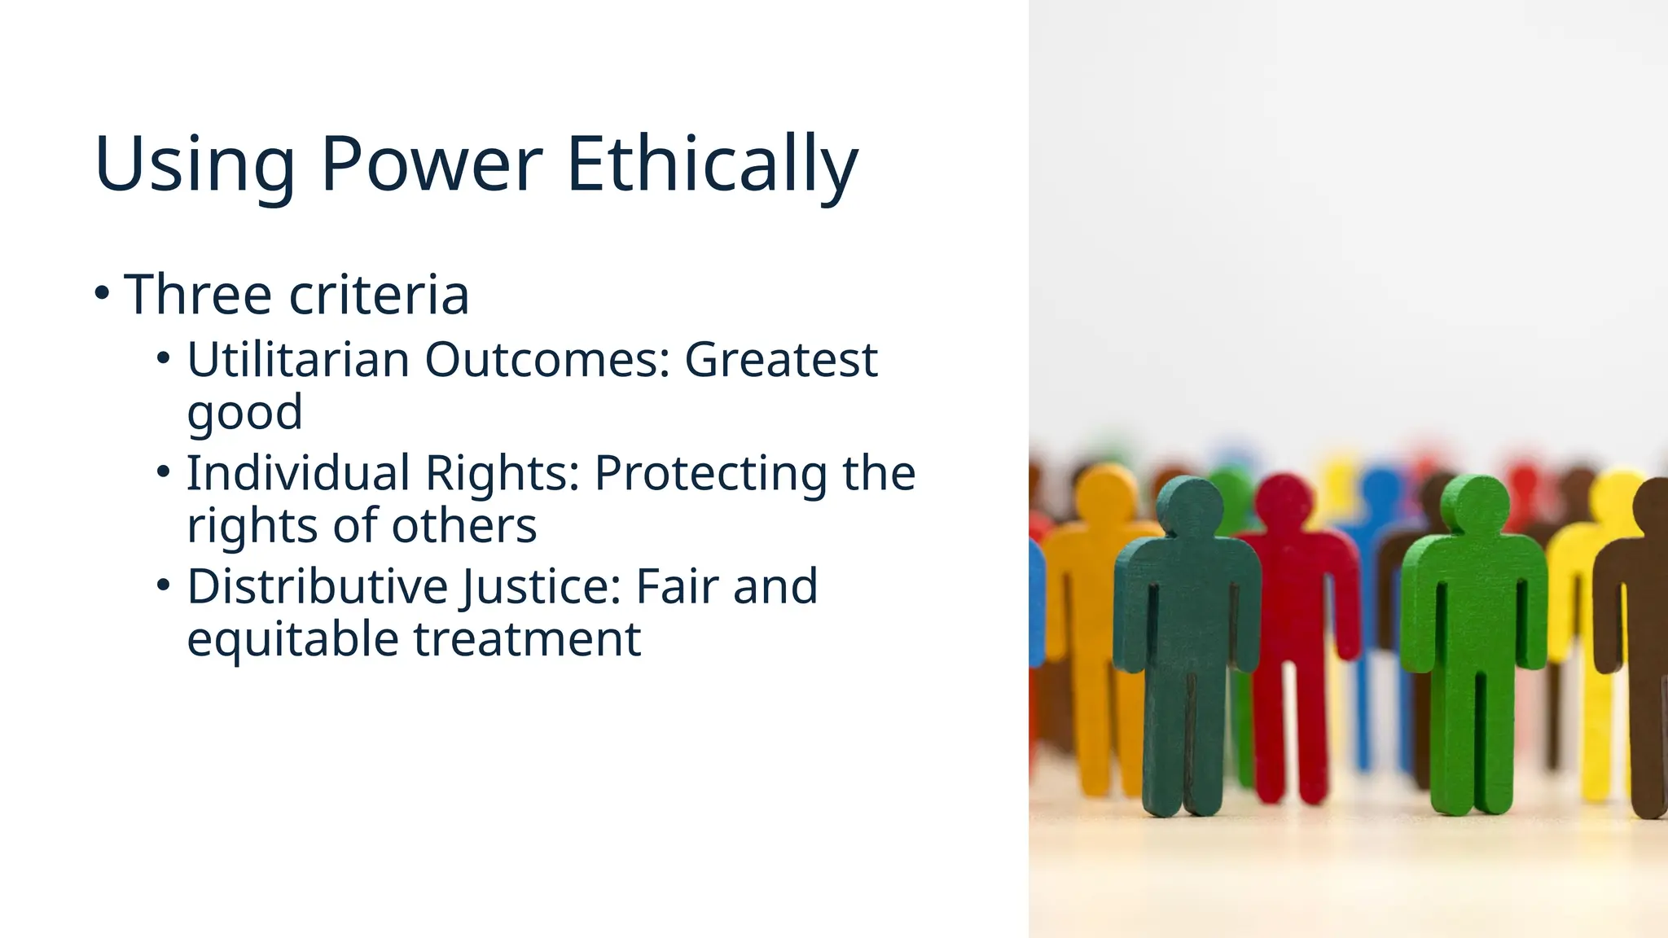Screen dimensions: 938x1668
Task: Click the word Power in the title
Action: coord(432,164)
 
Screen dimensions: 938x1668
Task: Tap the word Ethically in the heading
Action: coord(712,164)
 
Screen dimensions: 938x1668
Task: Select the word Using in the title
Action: coord(194,164)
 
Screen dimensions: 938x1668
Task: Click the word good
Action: coord(244,412)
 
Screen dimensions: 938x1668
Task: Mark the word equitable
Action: coord(292,638)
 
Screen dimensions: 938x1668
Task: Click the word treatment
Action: coord(528,638)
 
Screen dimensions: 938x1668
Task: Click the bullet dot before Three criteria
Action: coord(101,292)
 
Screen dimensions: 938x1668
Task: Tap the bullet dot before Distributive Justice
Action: coord(164,585)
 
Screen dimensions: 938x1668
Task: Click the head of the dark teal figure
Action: coord(1189,506)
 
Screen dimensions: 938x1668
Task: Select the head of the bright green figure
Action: coord(1475,505)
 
